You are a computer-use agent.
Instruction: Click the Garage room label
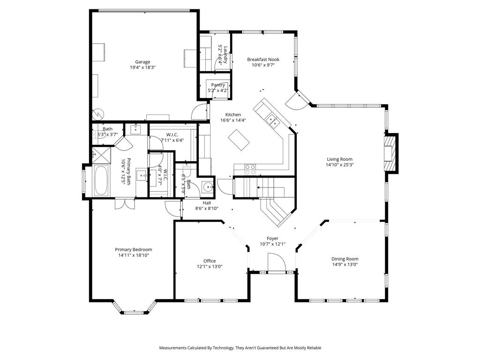[142, 62]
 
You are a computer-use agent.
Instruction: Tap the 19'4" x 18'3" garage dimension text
[142, 67]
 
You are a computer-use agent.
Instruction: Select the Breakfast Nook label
[263, 60]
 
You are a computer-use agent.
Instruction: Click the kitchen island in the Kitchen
[240, 140]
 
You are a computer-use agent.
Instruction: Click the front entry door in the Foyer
[276, 262]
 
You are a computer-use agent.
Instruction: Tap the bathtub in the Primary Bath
[101, 180]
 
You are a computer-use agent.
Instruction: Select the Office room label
[210, 261]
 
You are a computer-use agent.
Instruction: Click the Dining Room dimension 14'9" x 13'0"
[345, 264]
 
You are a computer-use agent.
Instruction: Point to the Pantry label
[218, 85]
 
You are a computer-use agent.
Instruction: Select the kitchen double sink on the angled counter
[272, 121]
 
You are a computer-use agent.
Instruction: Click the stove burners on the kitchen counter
[250, 167]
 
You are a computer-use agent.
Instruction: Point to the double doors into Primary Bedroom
[125, 204]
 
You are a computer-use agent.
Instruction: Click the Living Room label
[339, 159]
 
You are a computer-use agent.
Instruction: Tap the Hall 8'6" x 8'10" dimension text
[207, 209]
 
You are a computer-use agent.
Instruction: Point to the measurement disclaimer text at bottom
[240, 348]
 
